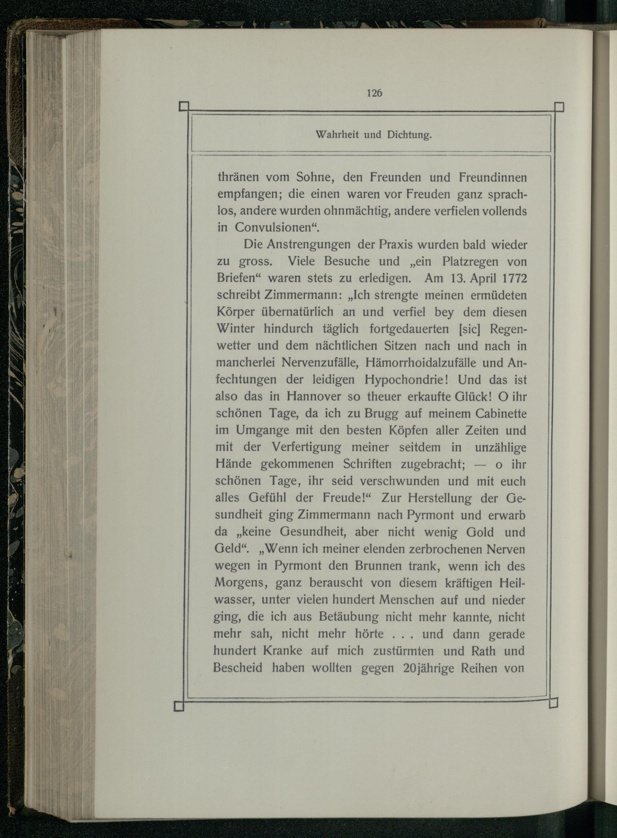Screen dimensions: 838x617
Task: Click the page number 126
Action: pos(374,93)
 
